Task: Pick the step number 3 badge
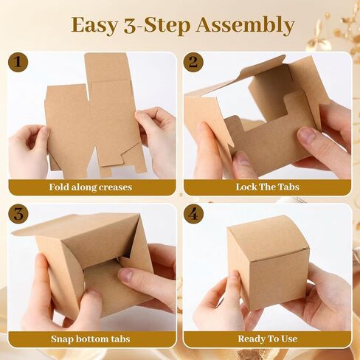[17, 215]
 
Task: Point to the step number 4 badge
[193, 215]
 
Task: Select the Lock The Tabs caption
[267, 187]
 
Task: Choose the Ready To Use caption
[267, 339]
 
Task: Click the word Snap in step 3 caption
[62, 339]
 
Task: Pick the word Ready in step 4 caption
[251, 339]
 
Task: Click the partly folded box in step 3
[89, 258]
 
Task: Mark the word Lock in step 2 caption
[246, 187]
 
